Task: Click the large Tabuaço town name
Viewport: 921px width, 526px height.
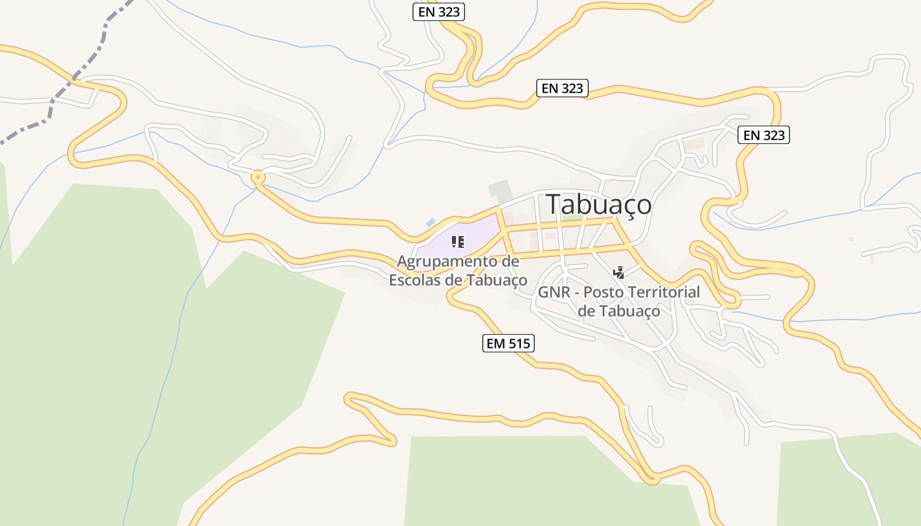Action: pyautogui.click(x=599, y=204)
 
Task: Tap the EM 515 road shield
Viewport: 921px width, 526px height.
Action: pyautogui.click(x=508, y=343)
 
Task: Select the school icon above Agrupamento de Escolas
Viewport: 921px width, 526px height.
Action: pyautogui.click(x=458, y=242)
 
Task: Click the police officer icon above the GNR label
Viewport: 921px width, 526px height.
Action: pyautogui.click(x=618, y=272)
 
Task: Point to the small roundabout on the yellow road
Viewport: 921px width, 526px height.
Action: pyautogui.click(x=258, y=176)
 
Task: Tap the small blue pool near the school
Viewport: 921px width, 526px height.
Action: pyautogui.click(x=430, y=223)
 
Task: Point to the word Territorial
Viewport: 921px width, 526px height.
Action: pyautogui.click(x=662, y=292)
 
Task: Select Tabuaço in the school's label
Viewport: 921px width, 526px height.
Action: pyautogui.click(x=497, y=279)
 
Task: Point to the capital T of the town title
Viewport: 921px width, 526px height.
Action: pyautogui.click(x=555, y=204)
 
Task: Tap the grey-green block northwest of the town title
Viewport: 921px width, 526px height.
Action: pyautogui.click(x=500, y=191)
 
